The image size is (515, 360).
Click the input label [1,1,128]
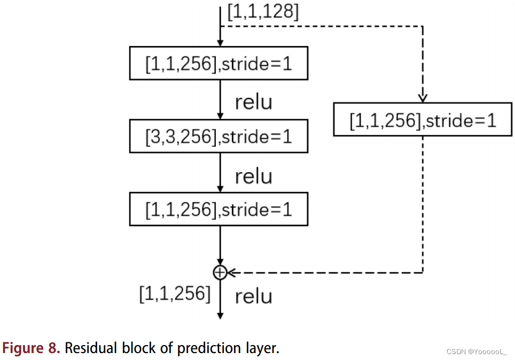click(x=263, y=12)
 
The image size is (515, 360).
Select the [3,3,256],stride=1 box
click(x=219, y=137)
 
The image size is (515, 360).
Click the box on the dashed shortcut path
click(x=423, y=120)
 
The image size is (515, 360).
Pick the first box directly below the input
click(x=219, y=64)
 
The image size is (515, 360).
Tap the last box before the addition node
click(x=219, y=209)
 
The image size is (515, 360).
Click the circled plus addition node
click(x=220, y=272)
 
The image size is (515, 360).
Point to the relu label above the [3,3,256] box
click(x=253, y=101)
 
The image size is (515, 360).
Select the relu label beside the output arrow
click(x=253, y=296)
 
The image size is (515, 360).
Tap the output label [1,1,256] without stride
click(x=175, y=293)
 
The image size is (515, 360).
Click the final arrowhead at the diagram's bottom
click(x=220, y=315)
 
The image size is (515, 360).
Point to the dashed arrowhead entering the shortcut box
click(x=423, y=99)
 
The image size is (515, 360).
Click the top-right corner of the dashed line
click(x=423, y=25)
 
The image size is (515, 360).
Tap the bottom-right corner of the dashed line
click(x=423, y=272)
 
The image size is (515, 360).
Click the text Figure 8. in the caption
click(x=31, y=348)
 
